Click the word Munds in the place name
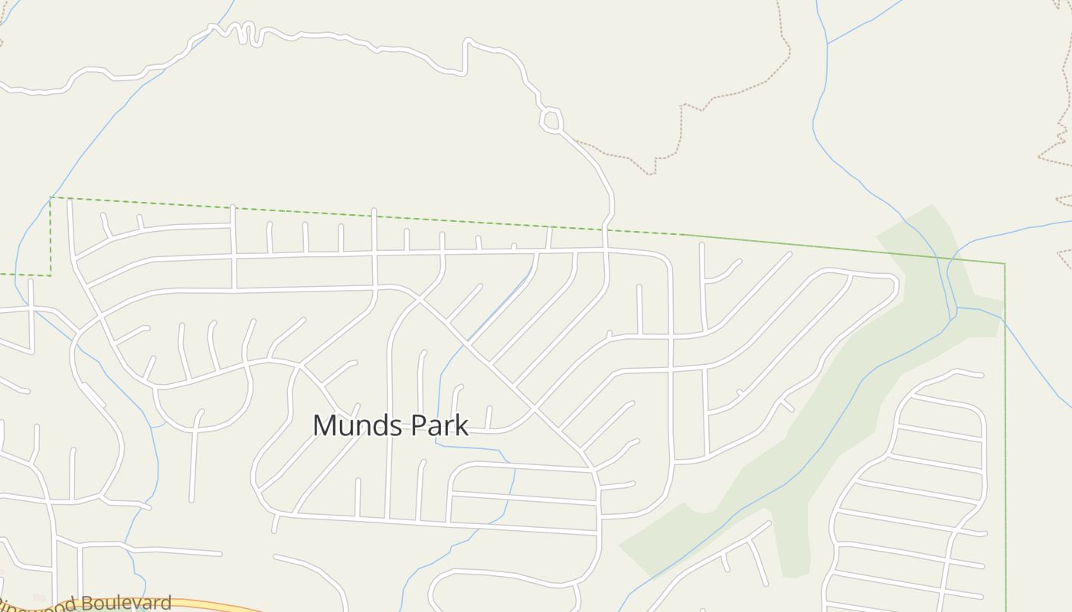[x=355, y=425]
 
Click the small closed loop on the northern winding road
[x=551, y=120]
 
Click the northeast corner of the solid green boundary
[x=1004, y=264]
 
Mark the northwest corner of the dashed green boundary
[x=51, y=197]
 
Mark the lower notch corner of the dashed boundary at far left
[x=51, y=275]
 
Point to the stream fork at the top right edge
[x=828, y=44]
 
